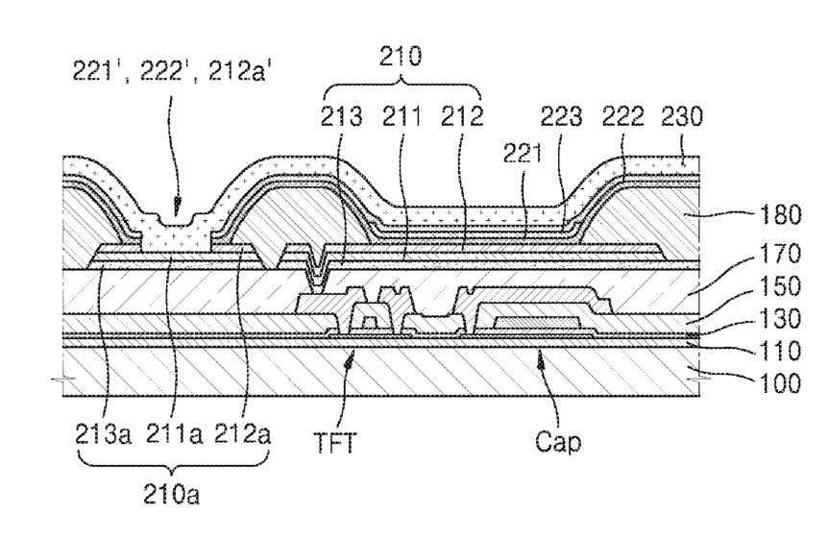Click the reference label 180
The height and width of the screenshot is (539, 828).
pos(780,215)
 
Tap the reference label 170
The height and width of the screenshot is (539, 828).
pos(780,255)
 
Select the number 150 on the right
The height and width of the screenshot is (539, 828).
pos(780,286)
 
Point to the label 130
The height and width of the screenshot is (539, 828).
pos(780,319)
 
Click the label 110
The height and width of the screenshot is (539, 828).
pos(780,351)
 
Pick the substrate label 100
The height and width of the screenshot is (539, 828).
pos(780,383)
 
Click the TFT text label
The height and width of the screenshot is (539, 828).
pos(335,443)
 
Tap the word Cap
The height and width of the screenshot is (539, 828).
pos(558,442)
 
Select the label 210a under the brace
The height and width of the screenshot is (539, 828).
pos(171,495)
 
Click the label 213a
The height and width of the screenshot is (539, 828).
pos(103,435)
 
